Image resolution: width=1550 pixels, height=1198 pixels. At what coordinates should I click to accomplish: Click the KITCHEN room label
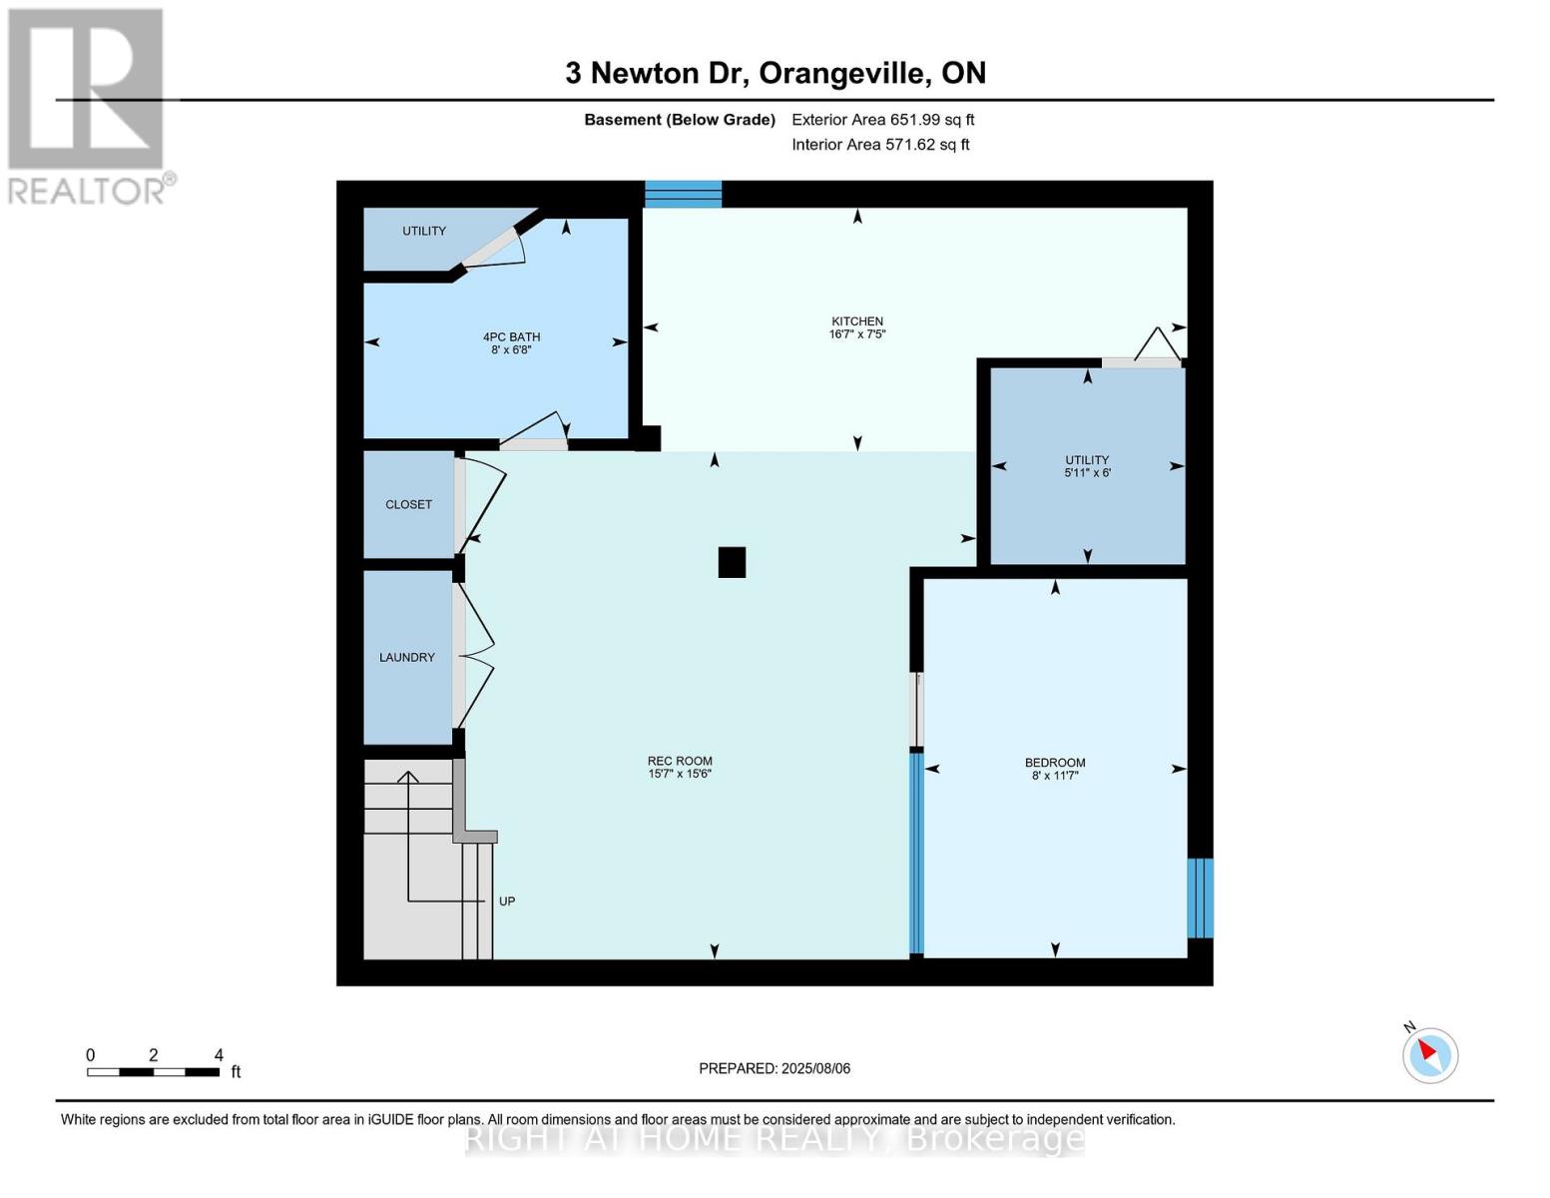[x=856, y=321]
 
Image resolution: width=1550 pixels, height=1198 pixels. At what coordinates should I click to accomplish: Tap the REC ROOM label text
[x=679, y=761]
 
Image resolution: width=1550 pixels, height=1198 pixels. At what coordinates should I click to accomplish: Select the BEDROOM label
[x=1054, y=763]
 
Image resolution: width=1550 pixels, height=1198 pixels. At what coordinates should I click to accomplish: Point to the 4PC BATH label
[x=511, y=337]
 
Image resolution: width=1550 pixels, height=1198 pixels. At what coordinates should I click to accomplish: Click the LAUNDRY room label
[x=407, y=657]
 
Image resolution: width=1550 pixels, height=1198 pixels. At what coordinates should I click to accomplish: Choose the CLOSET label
[x=408, y=504]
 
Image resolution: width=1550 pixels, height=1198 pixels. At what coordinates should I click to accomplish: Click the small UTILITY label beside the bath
[x=424, y=231]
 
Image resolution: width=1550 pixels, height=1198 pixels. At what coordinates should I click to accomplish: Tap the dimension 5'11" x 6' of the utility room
[x=1087, y=473]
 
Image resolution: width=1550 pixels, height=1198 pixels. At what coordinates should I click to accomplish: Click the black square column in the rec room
[x=732, y=562]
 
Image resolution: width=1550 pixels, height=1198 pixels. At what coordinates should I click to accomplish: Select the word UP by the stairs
[x=507, y=901]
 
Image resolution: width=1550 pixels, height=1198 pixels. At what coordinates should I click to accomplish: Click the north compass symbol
[x=1429, y=1054]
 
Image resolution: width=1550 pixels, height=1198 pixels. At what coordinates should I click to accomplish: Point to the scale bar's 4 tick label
[x=219, y=1055]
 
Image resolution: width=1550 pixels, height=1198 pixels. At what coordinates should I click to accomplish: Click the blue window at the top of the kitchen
[x=683, y=194]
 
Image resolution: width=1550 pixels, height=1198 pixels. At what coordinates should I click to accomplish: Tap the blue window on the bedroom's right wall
[x=1200, y=898]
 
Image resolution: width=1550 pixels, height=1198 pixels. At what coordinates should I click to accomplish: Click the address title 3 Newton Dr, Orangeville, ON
[x=775, y=73]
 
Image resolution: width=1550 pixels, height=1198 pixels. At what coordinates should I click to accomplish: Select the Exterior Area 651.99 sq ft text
[x=882, y=120]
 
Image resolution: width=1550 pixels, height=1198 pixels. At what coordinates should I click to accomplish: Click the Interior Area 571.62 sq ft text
[x=880, y=145]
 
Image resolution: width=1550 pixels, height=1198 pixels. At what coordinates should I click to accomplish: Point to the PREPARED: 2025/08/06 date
[x=775, y=1068]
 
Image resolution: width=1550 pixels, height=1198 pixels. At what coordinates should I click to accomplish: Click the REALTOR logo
[x=88, y=105]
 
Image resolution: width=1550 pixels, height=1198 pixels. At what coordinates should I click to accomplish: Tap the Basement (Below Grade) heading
[x=680, y=120]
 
